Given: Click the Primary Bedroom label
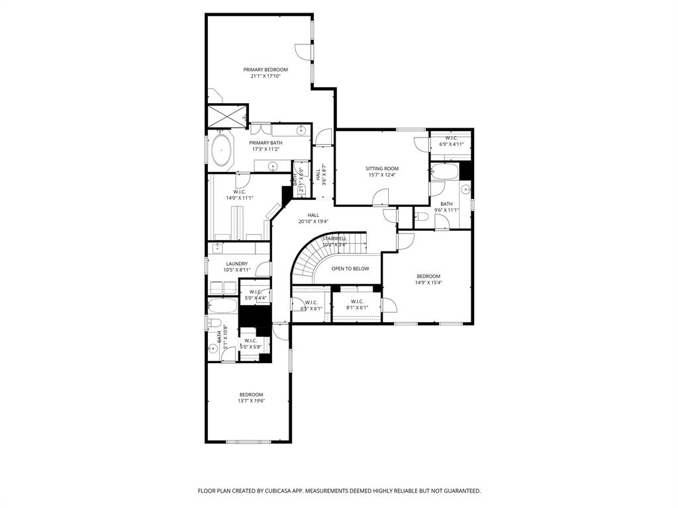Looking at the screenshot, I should pos(266,69).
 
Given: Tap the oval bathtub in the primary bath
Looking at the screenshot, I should pos(222,150).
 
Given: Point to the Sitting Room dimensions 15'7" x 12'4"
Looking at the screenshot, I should pos(382,175).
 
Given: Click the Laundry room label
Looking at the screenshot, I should pos(236,264).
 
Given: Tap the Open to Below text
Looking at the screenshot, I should pos(350,269).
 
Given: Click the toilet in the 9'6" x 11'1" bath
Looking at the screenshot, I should pos(420,216).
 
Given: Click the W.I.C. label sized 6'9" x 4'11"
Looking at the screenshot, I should pos(452,138).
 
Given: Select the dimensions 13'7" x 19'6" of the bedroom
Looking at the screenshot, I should pos(251,401).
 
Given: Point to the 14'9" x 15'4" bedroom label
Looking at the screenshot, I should pos(428,276).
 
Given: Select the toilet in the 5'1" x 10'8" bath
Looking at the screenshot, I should pos(213,322).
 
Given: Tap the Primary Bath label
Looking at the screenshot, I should pos(266,143).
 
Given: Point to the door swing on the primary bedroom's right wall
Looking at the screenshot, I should pos(302,51).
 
